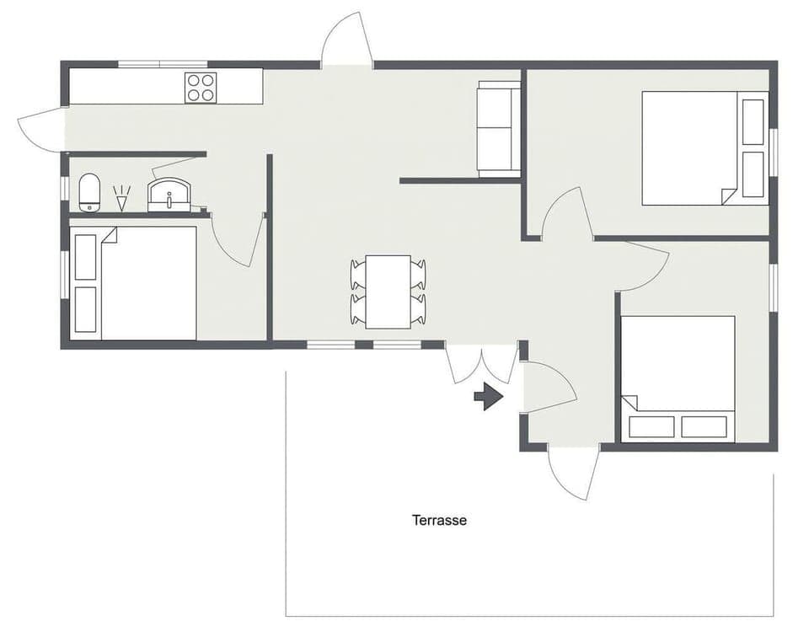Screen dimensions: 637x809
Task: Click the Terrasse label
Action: [x=439, y=520]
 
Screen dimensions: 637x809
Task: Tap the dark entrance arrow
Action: [x=489, y=396]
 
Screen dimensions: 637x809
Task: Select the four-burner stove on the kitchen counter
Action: [x=201, y=87]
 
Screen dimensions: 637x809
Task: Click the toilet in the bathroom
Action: [x=90, y=192]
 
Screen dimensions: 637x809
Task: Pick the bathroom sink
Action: [x=169, y=195]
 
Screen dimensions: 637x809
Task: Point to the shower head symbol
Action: [x=122, y=199]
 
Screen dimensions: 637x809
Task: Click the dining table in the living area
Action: [x=388, y=291]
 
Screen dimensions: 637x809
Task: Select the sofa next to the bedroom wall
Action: [x=499, y=128]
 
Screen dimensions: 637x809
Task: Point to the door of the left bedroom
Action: [x=238, y=243]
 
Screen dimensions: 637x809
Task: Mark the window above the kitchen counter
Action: [x=163, y=64]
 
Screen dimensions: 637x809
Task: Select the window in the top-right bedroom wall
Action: [x=773, y=152]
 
